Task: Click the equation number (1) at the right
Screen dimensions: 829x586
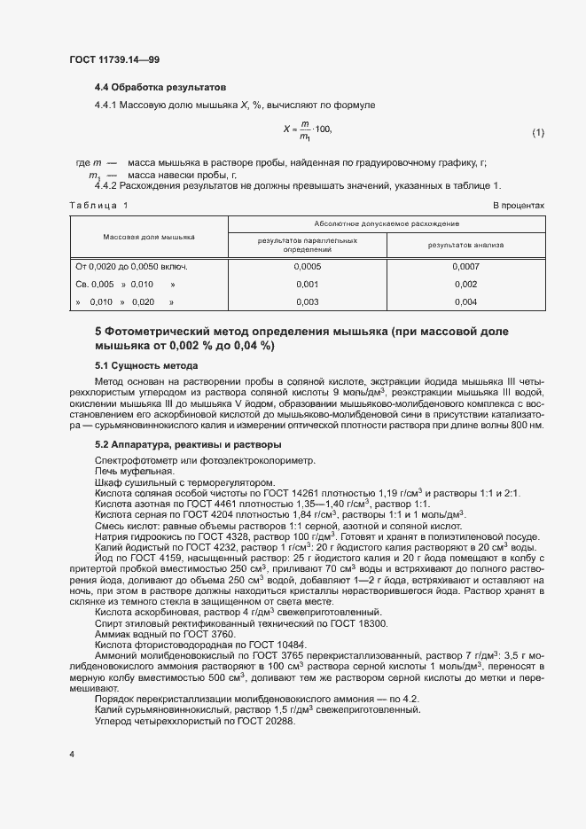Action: click(537, 133)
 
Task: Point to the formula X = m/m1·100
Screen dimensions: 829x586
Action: click(307, 129)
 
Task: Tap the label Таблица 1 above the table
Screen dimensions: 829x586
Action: click(98, 206)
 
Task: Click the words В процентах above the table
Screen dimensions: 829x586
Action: click(518, 206)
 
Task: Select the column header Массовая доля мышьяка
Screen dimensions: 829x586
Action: click(149, 238)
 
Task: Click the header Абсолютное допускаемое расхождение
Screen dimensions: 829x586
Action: click(386, 224)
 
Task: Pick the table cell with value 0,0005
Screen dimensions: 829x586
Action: click(307, 266)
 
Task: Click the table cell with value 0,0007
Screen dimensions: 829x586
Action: click(465, 266)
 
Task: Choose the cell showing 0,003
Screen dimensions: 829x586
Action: click(307, 302)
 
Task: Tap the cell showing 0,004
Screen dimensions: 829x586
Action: click(465, 302)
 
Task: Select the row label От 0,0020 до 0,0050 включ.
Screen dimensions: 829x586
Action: click(132, 266)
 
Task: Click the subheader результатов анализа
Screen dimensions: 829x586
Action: click(465, 244)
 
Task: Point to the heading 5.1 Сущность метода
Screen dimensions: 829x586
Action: click(146, 365)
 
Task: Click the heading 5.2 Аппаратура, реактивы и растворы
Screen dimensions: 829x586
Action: click(188, 443)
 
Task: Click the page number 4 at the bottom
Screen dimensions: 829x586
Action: click(72, 754)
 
